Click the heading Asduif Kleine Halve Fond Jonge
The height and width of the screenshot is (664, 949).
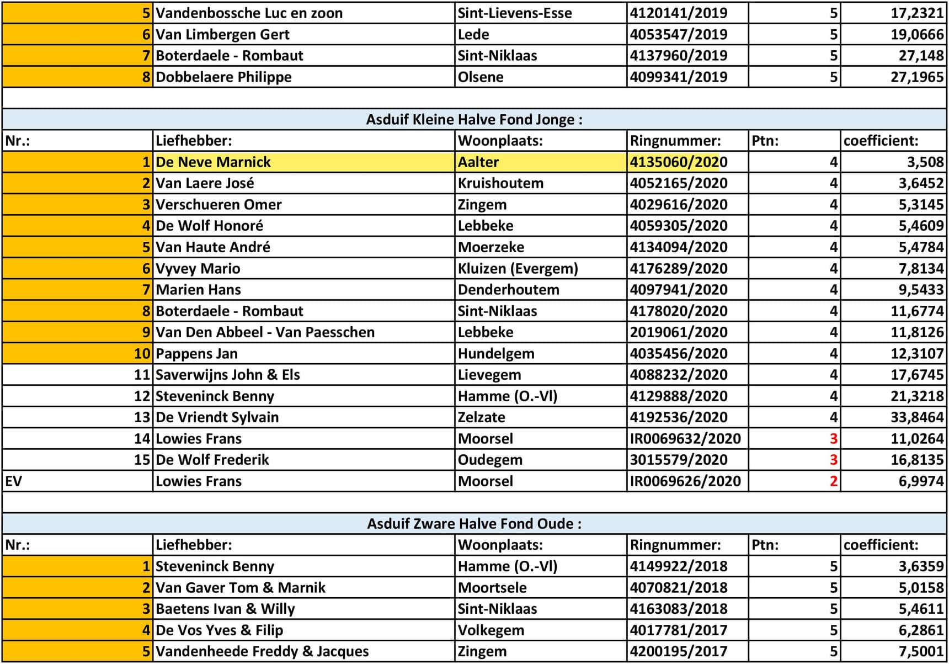[x=474, y=119]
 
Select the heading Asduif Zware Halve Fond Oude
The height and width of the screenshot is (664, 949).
[x=474, y=523]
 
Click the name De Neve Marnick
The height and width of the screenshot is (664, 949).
[x=213, y=162]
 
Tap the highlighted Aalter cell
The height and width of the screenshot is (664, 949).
[x=478, y=162]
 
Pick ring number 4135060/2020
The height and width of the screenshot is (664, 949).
[x=678, y=162]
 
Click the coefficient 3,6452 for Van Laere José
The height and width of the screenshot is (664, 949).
[x=921, y=183]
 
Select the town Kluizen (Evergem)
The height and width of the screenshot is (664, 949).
[x=518, y=268]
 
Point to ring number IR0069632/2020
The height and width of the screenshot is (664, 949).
[x=685, y=438]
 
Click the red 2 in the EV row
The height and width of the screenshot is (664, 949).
[x=833, y=481]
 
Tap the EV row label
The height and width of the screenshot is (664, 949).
[x=14, y=481]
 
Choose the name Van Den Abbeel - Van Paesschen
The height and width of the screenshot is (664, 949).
[x=265, y=332]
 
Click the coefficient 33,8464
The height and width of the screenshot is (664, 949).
[x=916, y=417]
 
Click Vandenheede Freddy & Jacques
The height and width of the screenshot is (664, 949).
[x=262, y=651]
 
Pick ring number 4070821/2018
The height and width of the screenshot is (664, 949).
[x=678, y=588]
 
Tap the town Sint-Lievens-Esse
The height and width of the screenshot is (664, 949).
[x=514, y=13]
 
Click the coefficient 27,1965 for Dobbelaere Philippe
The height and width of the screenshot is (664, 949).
[x=916, y=77]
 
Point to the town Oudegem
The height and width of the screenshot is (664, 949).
[x=489, y=460]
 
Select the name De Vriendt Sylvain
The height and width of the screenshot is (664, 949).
[x=217, y=417]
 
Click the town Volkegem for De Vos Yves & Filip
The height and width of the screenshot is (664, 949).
[x=491, y=630]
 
